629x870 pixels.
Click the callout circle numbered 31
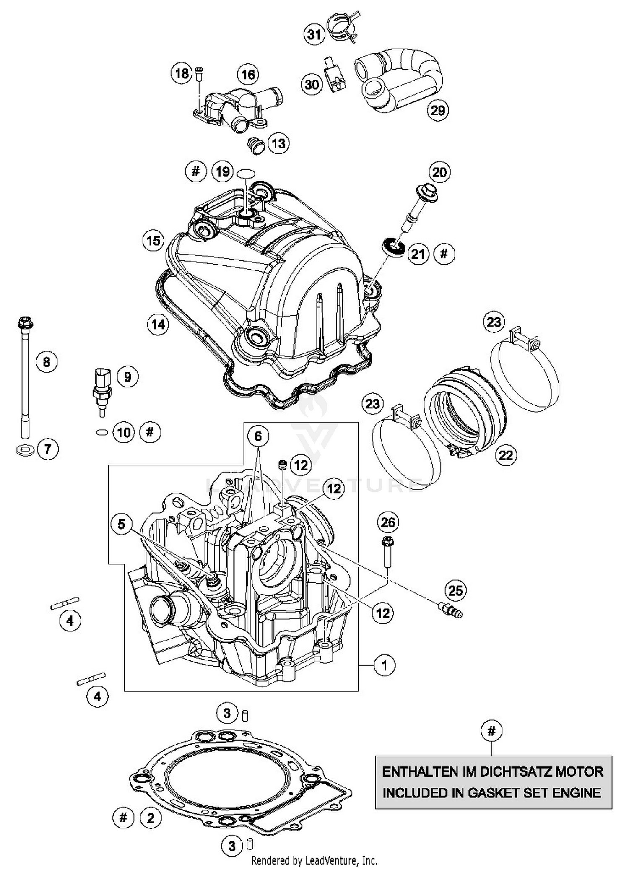[x=314, y=34]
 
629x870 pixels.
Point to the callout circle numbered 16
[x=248, y=75]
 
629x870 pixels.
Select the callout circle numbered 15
[x=153, y=241]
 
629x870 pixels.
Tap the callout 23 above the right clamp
[x=494, y=322]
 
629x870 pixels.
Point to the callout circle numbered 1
[x=384, y=665]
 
